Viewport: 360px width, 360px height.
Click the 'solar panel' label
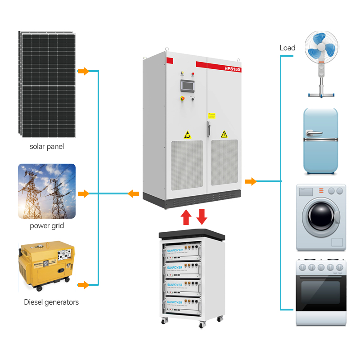pyautogui.click(x=47, y=146)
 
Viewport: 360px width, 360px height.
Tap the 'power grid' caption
pyautogui.click(x=47, y=225)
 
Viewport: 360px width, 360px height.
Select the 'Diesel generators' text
pyautogui.click(x=51, y=302)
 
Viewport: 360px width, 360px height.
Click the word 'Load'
pyautogui.click(x=287, y=48)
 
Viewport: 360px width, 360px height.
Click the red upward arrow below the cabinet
pyautogui.click(x=185, y=216)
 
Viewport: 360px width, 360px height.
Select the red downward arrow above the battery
pyautogui.click(x=202, y=216)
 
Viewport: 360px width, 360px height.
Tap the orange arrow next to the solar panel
pyautogui.click(x=83, y=71)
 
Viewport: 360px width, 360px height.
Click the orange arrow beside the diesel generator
pyautogui.click(x=83, y=285)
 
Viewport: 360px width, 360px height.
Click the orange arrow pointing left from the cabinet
pyautogui.click(x=133, y=194)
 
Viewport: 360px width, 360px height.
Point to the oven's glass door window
pyautogui.click(x=320, y=292)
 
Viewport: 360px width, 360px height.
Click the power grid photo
pyautogui.click(x=47, y=191)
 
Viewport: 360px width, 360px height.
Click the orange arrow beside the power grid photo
pyautogui.click(x=83, y=194)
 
